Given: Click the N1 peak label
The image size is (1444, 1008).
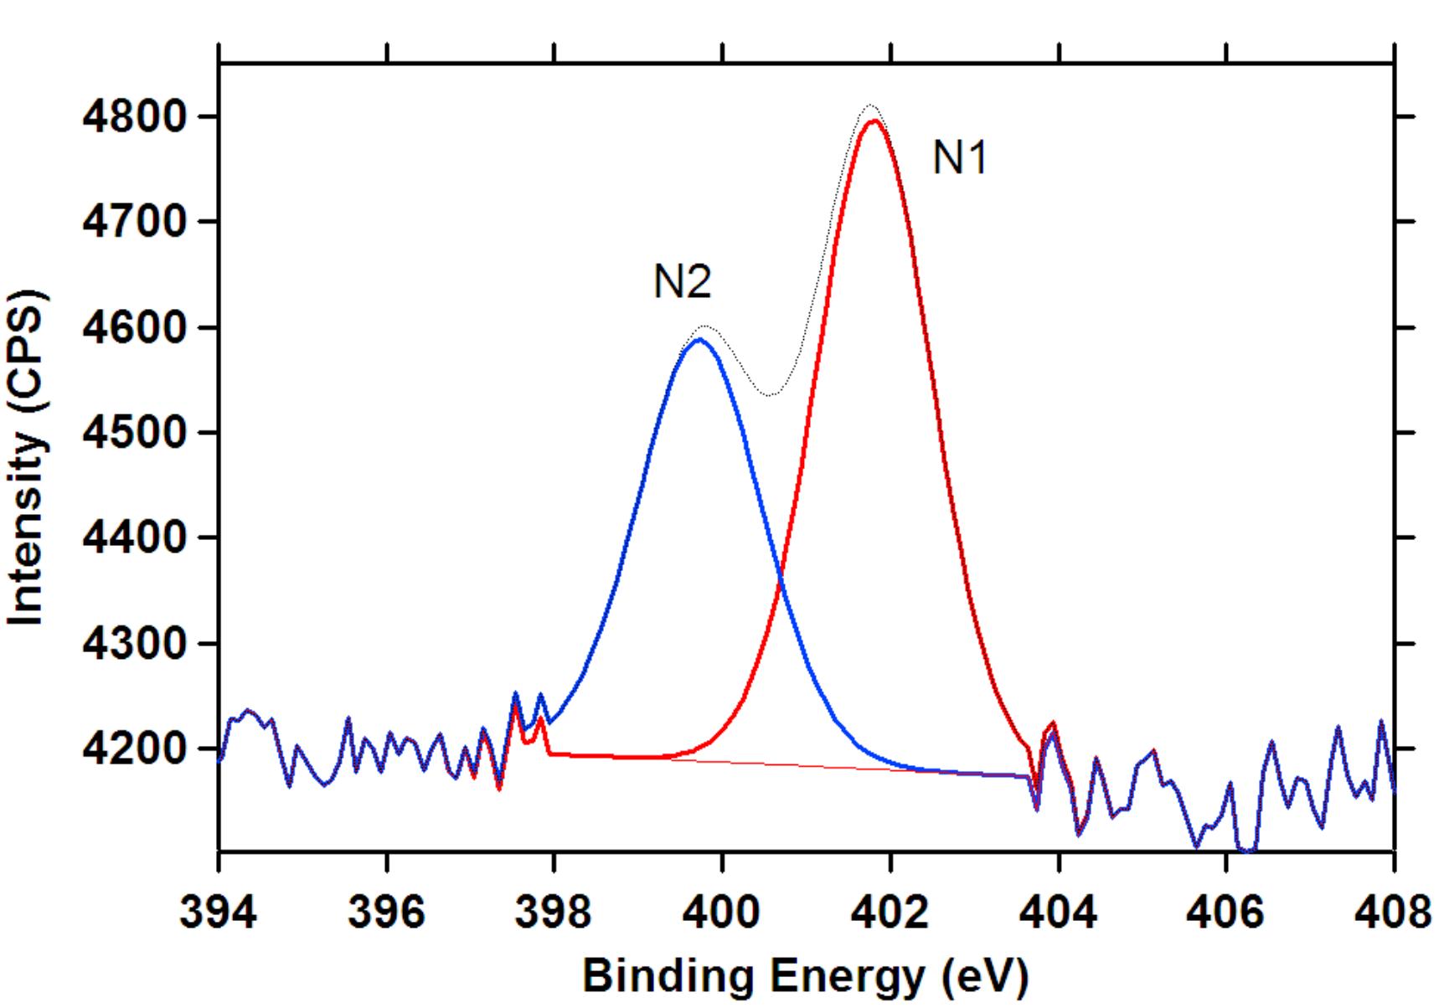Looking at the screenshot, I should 960,157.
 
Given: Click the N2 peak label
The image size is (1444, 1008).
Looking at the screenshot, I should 682,281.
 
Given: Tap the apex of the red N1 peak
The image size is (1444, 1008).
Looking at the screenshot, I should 874,121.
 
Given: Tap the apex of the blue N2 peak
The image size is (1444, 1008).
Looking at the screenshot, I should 698,339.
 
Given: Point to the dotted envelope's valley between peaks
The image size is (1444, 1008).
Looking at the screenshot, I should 770,394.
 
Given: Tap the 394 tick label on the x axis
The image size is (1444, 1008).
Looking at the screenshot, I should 218,911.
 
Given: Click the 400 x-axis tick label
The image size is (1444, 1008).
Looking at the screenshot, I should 722,911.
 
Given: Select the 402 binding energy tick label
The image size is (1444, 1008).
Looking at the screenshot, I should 890,911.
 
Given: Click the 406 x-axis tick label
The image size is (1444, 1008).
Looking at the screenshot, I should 1226,911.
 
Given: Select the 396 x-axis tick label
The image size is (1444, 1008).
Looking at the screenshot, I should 386,911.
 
